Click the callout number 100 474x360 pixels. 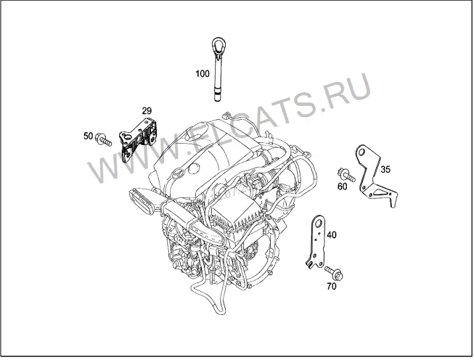[202, 73]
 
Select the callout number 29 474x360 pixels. [146, 111]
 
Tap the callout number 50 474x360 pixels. [88, 136]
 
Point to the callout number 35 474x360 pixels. [385, 169]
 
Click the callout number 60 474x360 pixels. [342, 187]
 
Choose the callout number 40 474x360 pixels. [332, 235]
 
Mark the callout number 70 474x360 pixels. [332, 286]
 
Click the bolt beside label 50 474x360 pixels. [103, 140]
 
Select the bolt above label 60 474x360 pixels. [346, 175]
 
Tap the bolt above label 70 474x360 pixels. [334, 273]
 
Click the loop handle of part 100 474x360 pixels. [218, 45]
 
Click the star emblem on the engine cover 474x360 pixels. [177, 174]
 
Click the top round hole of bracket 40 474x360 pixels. [317, 224]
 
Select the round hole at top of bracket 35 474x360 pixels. [361, 152]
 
